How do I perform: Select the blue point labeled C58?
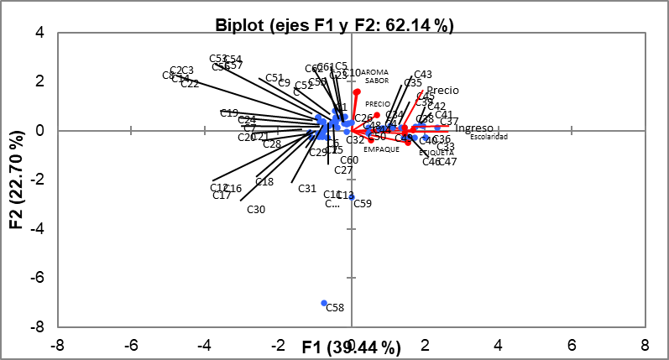(324, 303)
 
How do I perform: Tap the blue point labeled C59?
(352, 197)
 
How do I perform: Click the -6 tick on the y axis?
(39, 277)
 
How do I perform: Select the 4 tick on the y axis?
(39, 33)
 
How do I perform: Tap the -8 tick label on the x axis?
(58, 344)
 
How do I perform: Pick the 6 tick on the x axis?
(572, 344)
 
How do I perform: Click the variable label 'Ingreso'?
(473, 128)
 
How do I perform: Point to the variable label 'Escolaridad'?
(489, 137)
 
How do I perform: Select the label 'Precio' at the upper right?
(442, 91)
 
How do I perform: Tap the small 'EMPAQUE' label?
(381, 149)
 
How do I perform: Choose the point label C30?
(256, 209)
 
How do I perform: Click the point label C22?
(189, 83)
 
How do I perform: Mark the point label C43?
(423, 75)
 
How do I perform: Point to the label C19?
(228, 113)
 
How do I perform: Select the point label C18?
(264, 182)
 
